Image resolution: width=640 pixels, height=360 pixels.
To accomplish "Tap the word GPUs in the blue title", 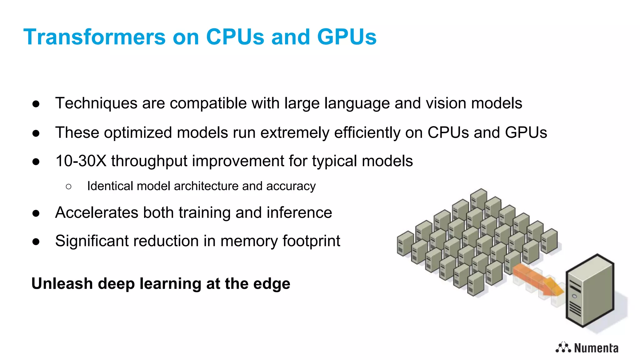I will [347, 37].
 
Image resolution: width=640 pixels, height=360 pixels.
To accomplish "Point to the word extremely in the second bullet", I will [295, 132].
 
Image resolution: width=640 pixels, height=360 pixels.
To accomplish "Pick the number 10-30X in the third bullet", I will [81, 161].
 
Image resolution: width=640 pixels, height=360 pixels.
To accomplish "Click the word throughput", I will [149, 162].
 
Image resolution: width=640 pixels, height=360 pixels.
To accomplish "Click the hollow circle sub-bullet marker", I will [69, 187].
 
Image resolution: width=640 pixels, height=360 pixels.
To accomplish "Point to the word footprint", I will [311, 241].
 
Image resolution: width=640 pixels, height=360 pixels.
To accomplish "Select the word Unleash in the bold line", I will [62, 284].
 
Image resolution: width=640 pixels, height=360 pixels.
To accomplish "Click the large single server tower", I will [590, 291].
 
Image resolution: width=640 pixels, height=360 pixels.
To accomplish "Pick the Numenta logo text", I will [596, 348].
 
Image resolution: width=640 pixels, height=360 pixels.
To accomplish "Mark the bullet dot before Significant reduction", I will [36, 242].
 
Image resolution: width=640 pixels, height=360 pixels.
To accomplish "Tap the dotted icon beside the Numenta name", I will [563, 347].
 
